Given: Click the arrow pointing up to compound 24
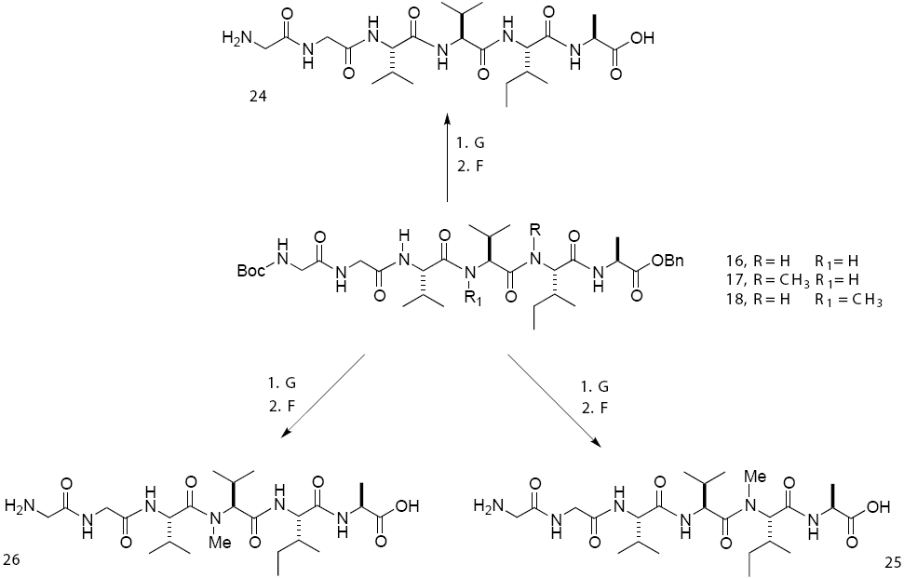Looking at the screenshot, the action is point(448,158).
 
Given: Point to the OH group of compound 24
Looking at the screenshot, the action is point(642,39).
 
